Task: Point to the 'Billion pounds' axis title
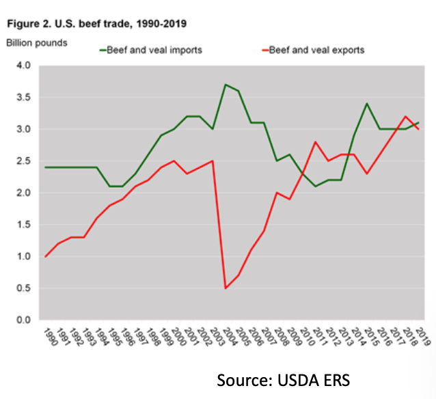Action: pos(37,43)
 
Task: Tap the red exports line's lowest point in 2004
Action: pos(226,288)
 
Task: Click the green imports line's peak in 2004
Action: pos(226,85)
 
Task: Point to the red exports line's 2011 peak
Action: pos(316,142)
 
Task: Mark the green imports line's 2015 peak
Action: pos(367,104)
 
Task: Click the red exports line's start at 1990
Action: pos(46,256)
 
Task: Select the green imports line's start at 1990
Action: pos(46,167)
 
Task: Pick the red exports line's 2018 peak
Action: pos(406,117)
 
